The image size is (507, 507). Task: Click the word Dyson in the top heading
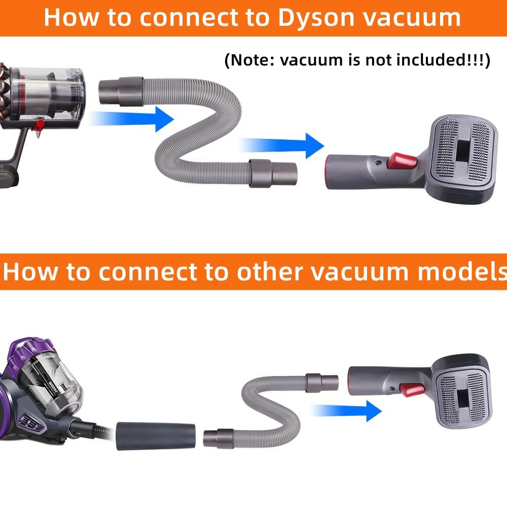coord(316,18)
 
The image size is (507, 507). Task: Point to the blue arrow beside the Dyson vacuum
coord(131,119)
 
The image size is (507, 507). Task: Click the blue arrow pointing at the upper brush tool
coord(281,146)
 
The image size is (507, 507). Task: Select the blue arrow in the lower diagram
coord(346,411)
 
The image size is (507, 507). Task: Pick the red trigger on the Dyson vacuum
coord(39,127)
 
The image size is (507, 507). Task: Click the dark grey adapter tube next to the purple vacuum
coord(156,436)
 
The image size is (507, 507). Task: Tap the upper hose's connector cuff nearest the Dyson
coord(121,92)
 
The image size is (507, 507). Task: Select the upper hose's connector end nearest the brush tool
coord(273,173)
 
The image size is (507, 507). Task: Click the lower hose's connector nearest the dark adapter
coord(218,439)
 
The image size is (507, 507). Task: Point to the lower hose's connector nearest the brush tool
coord(322,383)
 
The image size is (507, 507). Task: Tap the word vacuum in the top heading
coord(412,18)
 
